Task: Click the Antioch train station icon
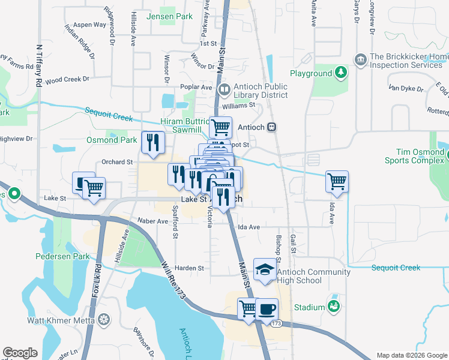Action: [272, 127]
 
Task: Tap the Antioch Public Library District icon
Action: [224, 91]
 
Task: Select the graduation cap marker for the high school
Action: [264, 269]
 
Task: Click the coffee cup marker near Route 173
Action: [267, 310]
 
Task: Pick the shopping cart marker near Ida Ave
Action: [337, 181]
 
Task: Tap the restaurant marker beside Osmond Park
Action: [152, 142]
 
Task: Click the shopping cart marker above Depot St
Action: [220, 127]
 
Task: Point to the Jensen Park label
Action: [169, 16]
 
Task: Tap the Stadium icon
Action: [334, 307]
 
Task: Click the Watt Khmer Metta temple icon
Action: [104, 320]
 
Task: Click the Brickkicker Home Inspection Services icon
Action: [361, 59]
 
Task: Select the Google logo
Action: [20, 353]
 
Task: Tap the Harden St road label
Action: [189, 268]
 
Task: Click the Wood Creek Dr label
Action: [67, 79]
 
